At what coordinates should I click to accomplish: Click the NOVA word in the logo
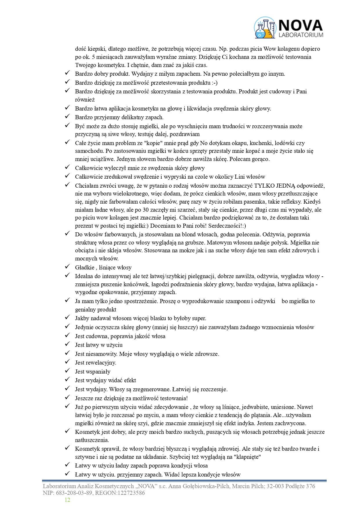click(x=300, y=26)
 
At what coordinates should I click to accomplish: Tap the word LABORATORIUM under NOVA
click(x=301, y=35)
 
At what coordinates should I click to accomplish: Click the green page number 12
click(x=67, y=500)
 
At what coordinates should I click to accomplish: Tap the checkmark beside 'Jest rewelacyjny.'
click(x=67, y=362)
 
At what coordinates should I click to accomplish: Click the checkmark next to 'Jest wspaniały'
click(x=67, y=371)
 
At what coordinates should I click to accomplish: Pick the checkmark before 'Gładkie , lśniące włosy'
click(x=67, y=267)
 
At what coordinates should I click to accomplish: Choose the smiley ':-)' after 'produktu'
click(x=215, y=83)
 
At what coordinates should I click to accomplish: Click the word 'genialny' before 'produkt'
click(x=85, y=309)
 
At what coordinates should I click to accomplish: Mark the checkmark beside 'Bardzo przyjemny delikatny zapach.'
click(x=67, y=117)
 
